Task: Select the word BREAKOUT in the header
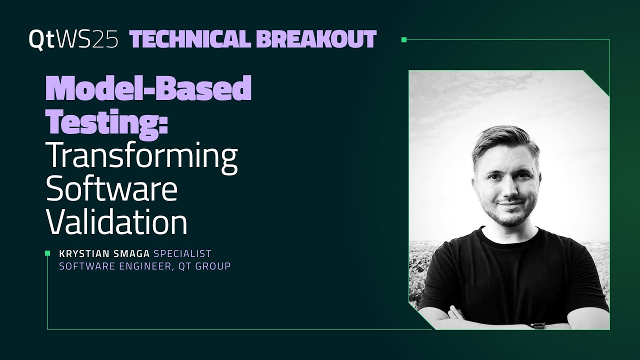click(316, 39)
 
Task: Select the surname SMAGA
click(130, 253)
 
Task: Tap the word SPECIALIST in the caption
click(182, 253)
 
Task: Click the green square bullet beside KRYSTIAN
click(47, 253)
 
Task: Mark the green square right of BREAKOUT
click(404, 39)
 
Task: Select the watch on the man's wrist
click(537, 325)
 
